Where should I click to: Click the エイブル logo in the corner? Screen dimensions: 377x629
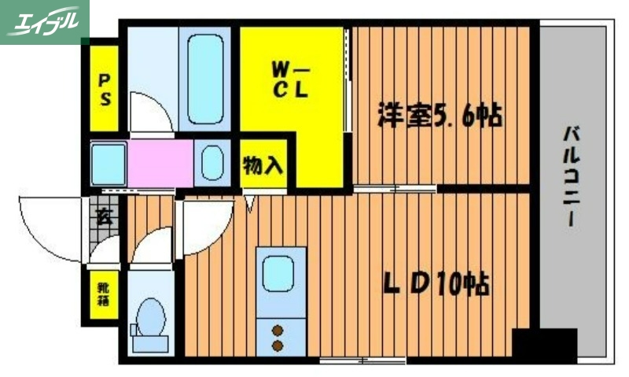tap(45, 21)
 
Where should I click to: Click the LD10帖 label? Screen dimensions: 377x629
tap(436, 284)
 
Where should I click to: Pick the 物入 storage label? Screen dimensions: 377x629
tap(263, 166)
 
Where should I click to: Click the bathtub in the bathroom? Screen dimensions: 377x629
tap(206, 79)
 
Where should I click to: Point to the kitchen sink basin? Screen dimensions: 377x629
tap(279, 275)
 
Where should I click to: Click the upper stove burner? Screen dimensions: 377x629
tap(278, 329)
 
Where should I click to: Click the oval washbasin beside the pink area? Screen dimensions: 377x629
tap(212, 164)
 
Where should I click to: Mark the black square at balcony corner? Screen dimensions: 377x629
tap(544, 345)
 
